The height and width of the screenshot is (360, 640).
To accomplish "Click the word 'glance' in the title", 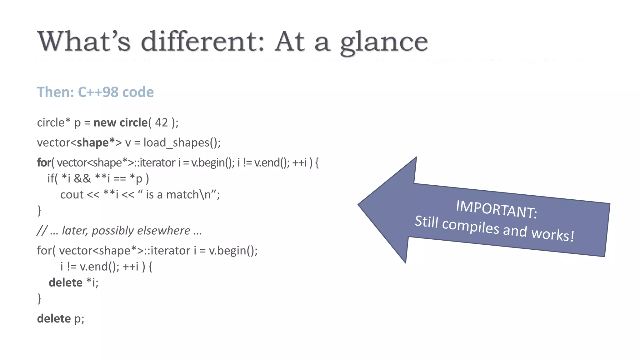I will pyautogui.click(x=384, y=42).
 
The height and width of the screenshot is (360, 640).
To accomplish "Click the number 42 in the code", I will pyautogui.click(x=161, y=122).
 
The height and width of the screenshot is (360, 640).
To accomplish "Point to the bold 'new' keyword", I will pyautogui.click(x=105, y=122).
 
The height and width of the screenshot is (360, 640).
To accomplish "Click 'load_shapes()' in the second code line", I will pyautogui.click(x=182, y=143).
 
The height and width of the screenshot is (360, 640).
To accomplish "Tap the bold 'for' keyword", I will pyautogui.click(x=44, y=162).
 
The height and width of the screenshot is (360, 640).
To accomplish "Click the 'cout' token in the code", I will pyautogui.click(x=72, y=195).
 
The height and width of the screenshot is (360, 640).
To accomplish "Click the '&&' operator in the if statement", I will pyautogui.click(x=82, y=178).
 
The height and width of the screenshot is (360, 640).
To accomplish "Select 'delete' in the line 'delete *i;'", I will pyautogui.click(x=65, y=282).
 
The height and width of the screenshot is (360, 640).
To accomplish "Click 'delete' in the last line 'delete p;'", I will pyautogui.click(x=54, y=318).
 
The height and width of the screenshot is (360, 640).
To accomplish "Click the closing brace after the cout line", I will pyautogui.click(x=39, y=211).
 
